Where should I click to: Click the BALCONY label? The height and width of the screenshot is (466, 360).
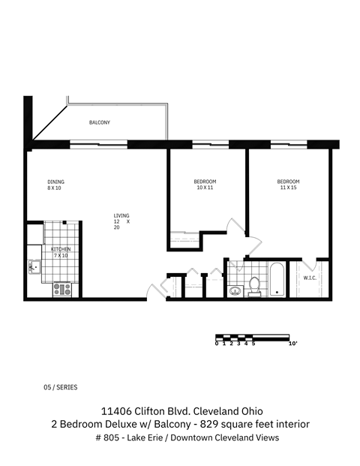click(x=100, y=122)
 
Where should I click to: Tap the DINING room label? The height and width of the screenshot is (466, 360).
click(x=55, y=182)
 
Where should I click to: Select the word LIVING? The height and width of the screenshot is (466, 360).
click(x=121, y=215)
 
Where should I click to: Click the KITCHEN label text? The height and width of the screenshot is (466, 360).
click(x=60, y=248)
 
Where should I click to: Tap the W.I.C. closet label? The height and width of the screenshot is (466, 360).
click(x=310, y=278)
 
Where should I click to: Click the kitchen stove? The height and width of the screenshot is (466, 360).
click(x=61, y=288)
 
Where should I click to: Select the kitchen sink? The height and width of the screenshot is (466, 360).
click(x=34, y=265)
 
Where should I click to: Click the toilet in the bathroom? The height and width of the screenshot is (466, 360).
click(x=253, y=285)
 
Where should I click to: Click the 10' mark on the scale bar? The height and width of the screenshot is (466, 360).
click(x=292, y=344)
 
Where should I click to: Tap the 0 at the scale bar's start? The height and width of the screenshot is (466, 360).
click(x=216, y=344)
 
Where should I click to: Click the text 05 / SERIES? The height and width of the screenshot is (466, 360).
click(x=61, y=388)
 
